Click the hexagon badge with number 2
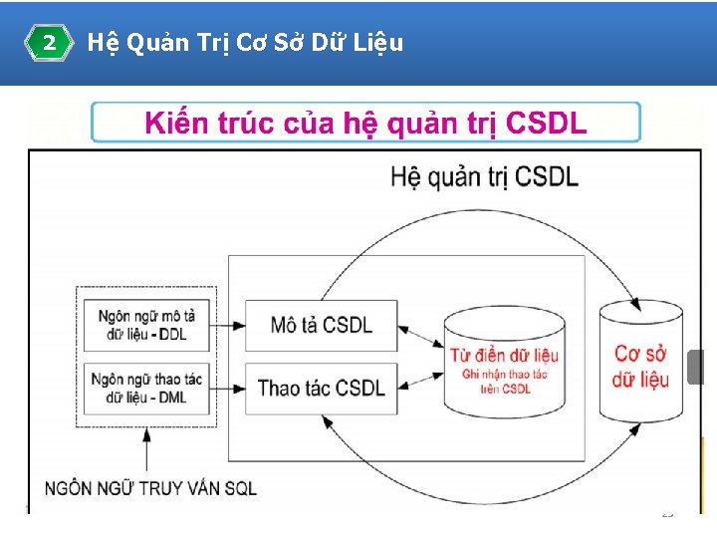pyautogui.click(x=49, y=43)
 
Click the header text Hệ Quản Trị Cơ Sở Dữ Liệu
pyautogui.click(x=245, y=43)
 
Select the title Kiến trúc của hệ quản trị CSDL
pyautogui.click(x=365, y=124)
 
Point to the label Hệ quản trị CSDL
pyautogui.click(x=484, y=177)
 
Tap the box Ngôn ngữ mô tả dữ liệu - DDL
pyautogui.click(x=147, y=325)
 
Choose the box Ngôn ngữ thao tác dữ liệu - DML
pyautogui.click(x=147, y=388)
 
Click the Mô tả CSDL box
pyautogui.click(x=322, y=325)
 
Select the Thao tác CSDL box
pyautogui.click(x=322, y=388)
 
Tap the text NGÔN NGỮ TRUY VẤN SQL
pyautogui.click(x=150, y=488)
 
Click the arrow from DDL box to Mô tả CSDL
pyautogui.click(x=230, y=325)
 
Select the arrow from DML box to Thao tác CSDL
pyautogui.click(x=230, y=388)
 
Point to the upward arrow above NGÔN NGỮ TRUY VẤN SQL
pyautogui.click(x=147, y=448)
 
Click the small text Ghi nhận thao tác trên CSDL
pyautogui.click(x=504, y=382)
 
